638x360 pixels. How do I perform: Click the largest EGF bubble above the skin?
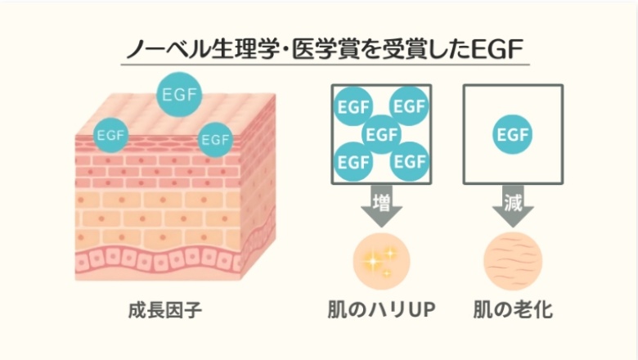(x=179, y=94)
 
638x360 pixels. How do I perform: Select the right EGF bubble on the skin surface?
(x=215, y=139)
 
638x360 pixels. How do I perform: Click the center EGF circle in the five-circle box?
(x=382, y=133)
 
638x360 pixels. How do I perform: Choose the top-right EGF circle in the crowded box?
(x=409, y=106)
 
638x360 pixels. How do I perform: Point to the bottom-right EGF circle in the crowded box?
(x=409, y=160)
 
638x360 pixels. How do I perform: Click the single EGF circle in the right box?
(x=512, y=134)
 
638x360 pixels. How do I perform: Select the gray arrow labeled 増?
(x=382, y=208)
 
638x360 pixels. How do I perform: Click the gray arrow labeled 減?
(x=512, y=208)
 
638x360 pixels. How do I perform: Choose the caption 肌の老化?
(x=513, y=311)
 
